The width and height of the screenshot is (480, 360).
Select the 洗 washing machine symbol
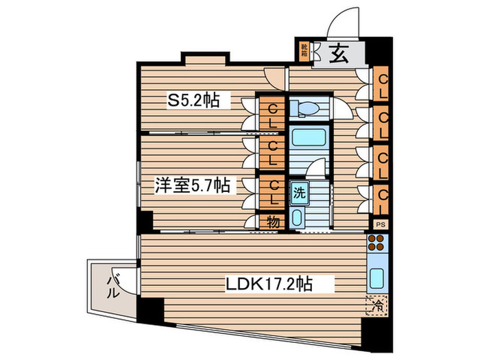(x=299, y=193)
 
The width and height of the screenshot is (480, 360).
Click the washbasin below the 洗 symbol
(x=298, y=217)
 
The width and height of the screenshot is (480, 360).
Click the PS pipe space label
(x=381, y=224)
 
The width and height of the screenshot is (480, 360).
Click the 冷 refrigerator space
(x=377, y=305)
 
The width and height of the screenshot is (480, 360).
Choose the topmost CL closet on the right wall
(x=382, y=85)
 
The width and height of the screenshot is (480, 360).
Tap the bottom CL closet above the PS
(x=382, y=201)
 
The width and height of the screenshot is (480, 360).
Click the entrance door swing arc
(x=341, y=21)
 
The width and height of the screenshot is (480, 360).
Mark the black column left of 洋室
(x=145, y=220)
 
